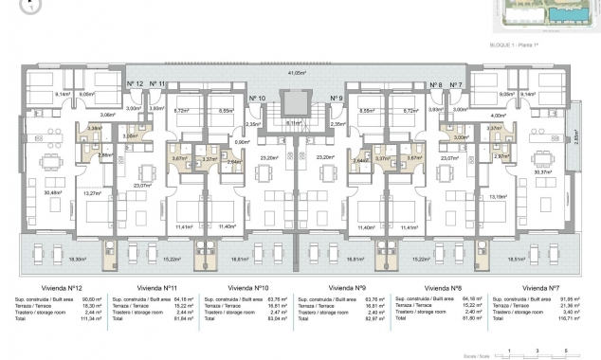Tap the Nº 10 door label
[256, 99]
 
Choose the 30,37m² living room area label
[544, 172]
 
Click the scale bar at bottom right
[537, 351]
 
